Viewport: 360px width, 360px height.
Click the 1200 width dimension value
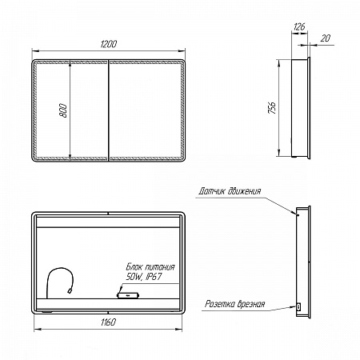click(x=109, y=44)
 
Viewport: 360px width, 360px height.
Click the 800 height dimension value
click(x=63, y=110)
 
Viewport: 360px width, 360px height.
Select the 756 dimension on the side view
click(x=272, y=107)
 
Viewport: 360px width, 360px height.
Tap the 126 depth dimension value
click(x=299, y=26)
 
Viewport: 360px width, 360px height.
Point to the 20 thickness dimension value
click(x=325, y=38)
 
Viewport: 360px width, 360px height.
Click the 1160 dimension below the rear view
click(x=108, y=322)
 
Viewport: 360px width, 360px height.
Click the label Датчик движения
click(x=230, y=191)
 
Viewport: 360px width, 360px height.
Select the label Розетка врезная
click(x=234, y=304)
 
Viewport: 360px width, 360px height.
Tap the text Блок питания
click(x=150, y=267)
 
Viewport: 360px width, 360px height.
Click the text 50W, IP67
click(x=144, y=277)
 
